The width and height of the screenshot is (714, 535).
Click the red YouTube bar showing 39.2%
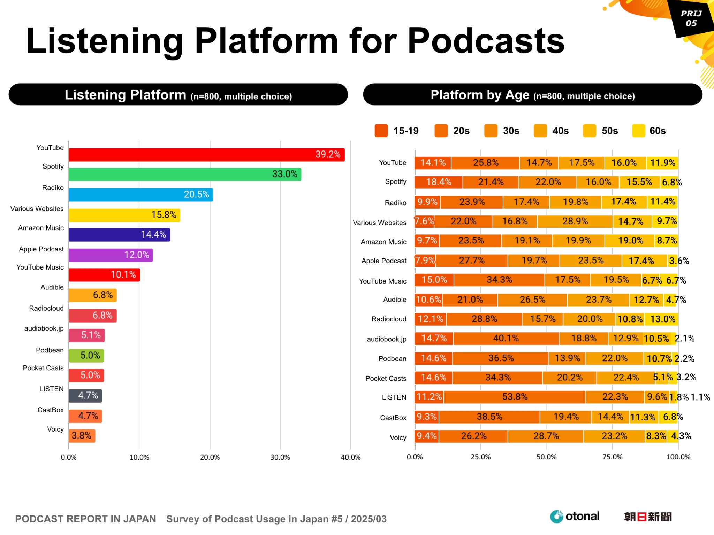pos(206,155)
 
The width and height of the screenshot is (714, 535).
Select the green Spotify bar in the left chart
pos(185,175)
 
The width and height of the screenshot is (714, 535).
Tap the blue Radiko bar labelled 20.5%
pos(140,195)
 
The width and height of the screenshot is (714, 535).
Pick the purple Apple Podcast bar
pos(111,255)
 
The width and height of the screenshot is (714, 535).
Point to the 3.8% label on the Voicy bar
pos(81,436)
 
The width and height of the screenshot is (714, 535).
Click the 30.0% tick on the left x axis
pos(280,457)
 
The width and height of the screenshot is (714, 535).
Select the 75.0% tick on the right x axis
pos(612,457)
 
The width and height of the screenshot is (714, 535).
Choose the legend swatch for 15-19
pos(381,131)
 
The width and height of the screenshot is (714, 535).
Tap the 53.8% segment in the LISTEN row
pos(515,397)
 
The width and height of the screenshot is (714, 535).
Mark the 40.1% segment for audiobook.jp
pos(506,339)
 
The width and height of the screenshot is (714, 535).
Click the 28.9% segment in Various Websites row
pos(575,222)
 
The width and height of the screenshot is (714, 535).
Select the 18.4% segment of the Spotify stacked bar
pos(439,182)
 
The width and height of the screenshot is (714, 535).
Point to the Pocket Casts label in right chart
pos(386,379)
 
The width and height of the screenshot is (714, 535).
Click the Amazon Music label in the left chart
pos(41,228)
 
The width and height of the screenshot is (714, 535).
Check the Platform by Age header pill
pos(532,95)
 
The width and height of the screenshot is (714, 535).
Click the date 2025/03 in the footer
pos(369,519)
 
